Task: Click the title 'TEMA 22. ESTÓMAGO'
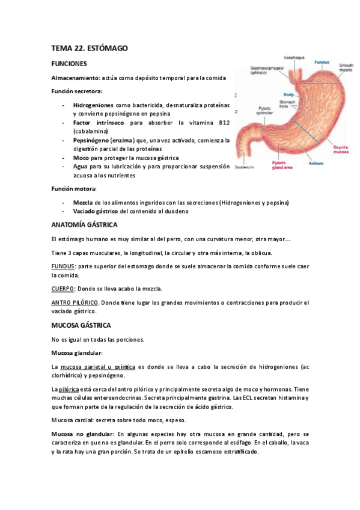coord(90,48)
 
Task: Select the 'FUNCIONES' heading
coord(70,63)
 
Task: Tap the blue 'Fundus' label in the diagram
coord(322,62)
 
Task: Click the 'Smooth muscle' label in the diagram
coord(346,67)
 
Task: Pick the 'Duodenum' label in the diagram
coord(245,167)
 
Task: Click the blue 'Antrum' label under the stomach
coord(316,163)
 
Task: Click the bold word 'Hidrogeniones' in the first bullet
coord(93,105)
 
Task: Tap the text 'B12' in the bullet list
coord(224,122)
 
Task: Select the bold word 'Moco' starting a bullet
coord(81,158)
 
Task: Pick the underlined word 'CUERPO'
coord(63,289)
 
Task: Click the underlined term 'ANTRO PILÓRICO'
coord(75,303)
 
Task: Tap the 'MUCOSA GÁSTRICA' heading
coord(81,325)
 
